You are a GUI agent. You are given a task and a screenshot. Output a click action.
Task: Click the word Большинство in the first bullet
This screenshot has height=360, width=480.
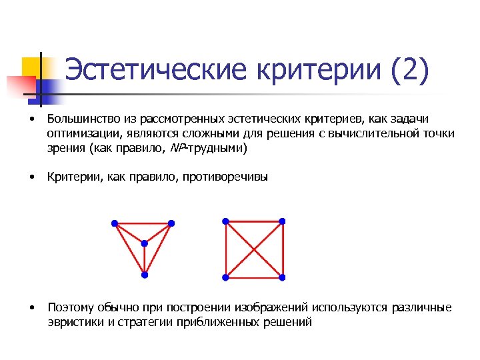[x=83, y=119]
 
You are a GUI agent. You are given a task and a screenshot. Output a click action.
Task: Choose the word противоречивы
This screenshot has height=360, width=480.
[x=231, y=177]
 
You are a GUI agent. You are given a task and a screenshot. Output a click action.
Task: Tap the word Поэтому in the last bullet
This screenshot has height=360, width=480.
[x=69, y=307]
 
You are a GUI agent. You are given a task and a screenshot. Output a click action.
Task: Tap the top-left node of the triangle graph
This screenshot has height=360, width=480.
[x=115, y=223]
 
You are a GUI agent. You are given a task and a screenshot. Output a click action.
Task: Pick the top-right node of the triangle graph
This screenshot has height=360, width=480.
[x=171, y=223]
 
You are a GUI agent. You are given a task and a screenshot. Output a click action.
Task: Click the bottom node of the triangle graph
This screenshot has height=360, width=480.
[x=144, y=275]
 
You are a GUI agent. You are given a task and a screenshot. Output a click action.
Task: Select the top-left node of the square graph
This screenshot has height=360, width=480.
[x=226, y=221]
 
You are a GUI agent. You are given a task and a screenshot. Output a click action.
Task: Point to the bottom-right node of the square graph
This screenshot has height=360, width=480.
[x=282, y=277]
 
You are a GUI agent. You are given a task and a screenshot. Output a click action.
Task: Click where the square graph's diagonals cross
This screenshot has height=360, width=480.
[x=254, y=249]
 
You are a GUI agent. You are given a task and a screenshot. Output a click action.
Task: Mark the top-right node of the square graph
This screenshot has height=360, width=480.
[x=282, y=221]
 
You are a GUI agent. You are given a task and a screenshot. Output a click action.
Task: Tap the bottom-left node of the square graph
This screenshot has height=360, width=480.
[x=226, y=277]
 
